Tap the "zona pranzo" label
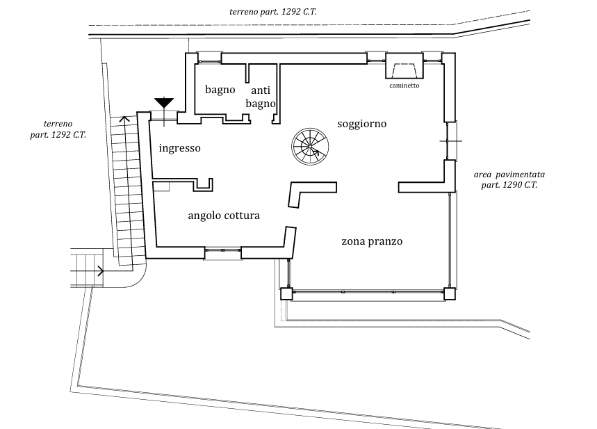click(373, 242)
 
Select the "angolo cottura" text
click(223, 216)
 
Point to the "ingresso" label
click(180, 148)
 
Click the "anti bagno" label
click(261, 97)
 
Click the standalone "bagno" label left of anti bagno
click(220, 90)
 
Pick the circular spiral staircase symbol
click(308, 146)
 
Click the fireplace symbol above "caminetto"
click(404, 70)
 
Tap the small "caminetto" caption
click(404, 86)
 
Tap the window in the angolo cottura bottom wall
click(223, 253)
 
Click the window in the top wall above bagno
click(208, 56)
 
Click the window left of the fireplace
click(376, 57)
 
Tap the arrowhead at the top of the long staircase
click(124, 119)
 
